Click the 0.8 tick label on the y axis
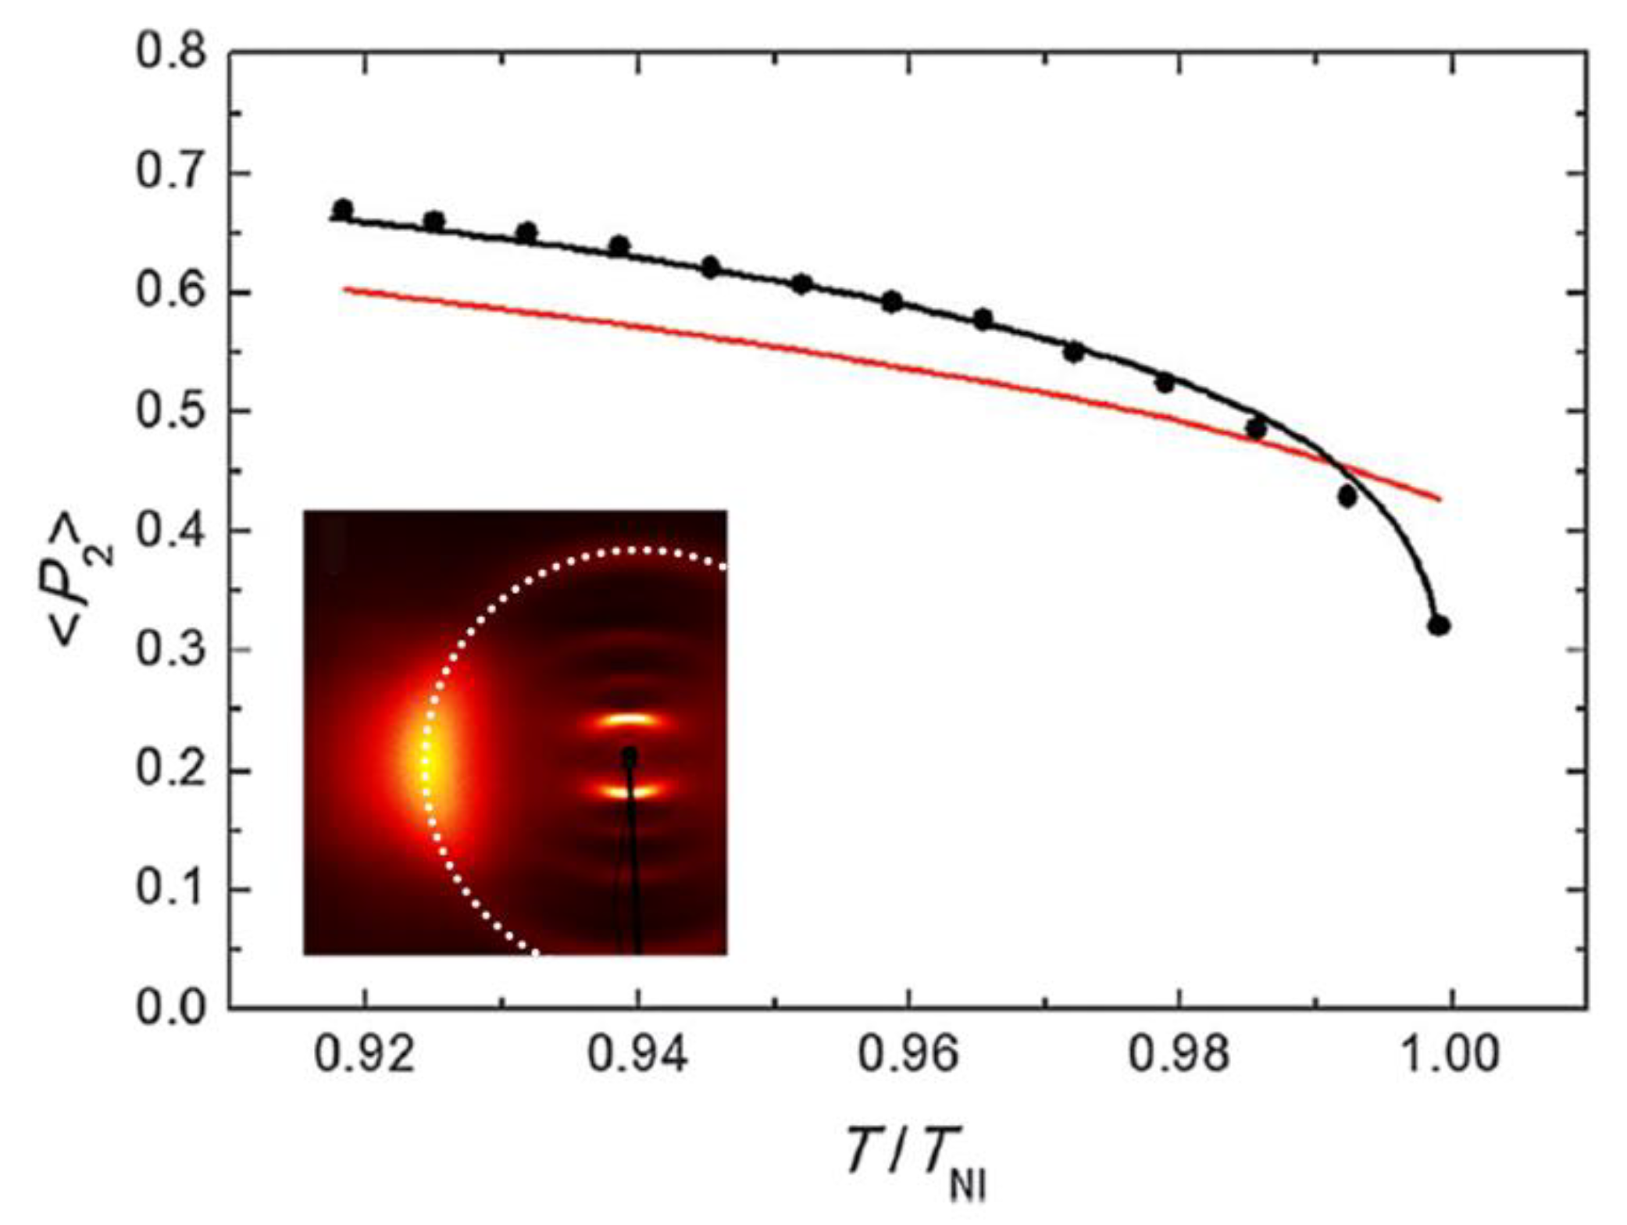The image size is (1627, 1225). (171, 53)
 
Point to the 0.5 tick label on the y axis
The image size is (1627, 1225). (171, 412)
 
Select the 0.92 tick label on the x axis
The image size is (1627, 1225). (365, 1055)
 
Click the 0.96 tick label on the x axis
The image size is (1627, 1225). (908, 1055)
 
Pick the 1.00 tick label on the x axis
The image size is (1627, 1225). (1451, 1055)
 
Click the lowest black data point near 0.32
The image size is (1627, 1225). (1439, 626)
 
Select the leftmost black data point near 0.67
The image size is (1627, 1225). (343, 209)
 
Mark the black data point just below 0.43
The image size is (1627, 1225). (1347, 496)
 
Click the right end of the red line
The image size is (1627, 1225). (1440, 499)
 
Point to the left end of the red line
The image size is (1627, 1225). (344, 289)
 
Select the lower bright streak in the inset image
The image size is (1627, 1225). (630, 791)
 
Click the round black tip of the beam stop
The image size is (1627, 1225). (630, 755)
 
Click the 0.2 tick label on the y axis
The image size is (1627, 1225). (171, 770)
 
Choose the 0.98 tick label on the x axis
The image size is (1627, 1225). (1179, 1055)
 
